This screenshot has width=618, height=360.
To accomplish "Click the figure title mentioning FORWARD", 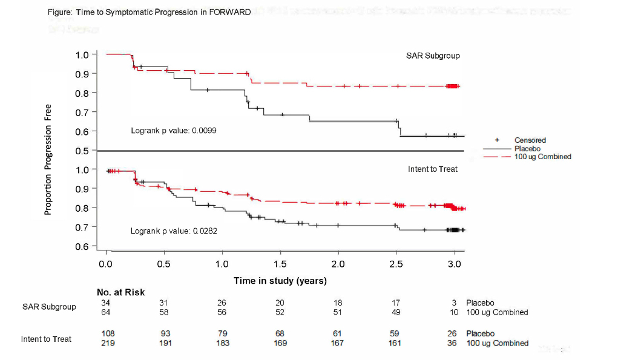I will pyautogui.click(x=148, y=13).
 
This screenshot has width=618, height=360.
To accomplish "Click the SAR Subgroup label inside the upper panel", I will pyautogui.click(x=433, y=56).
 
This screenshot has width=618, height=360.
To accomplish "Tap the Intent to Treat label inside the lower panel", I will pyautogui.click(x=433, y=169).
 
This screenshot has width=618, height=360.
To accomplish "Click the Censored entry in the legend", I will pyautogui.click(x=530, y=140).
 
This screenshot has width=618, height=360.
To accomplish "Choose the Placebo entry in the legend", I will pyautogui.click(x=527, y=148).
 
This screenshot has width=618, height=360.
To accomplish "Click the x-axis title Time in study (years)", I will pyautogui.click(x=280, y=281).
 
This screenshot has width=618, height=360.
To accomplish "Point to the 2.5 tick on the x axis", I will pyautogui.click(x=396, y=264).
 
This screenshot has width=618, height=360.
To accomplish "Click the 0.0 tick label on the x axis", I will pyautogui.click(x=107, y=264).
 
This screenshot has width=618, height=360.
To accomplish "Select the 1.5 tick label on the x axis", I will pyautogui.click(x=280, y=264).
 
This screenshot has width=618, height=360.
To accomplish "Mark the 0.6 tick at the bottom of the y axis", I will pyautogui.click(x=82, y=246).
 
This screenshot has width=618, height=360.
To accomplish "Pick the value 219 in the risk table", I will pyautogui.click(x=108, y=343).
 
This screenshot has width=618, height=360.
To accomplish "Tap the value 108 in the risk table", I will pyautogui.click(x=108, y=333).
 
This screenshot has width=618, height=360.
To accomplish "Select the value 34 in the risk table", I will pyautogui.click(x=106, y=303).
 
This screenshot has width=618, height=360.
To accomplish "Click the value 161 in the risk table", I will pyautogui.click(x=395, y=343).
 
